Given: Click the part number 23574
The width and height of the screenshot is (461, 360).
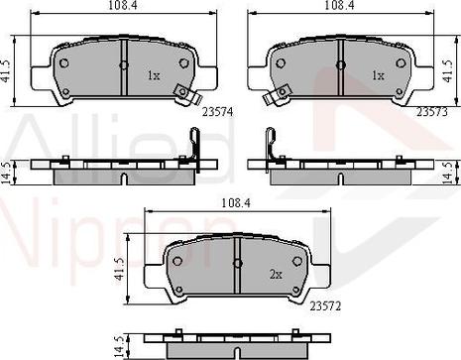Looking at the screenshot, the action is point(217,112).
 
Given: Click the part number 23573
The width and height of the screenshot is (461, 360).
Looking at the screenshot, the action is point(432,112).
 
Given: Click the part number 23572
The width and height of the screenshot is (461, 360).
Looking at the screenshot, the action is point(325,306).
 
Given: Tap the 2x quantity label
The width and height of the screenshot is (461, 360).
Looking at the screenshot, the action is point(276,274).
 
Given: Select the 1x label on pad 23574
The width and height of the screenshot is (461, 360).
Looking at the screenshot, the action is point(154,76).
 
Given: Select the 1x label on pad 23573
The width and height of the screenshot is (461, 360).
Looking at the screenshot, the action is point(378,76).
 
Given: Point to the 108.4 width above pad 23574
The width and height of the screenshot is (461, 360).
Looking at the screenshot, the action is point(123,5).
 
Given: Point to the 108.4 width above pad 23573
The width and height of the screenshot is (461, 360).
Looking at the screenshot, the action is point(339,5).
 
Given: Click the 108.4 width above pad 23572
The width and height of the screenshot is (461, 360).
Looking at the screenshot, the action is point(236,203).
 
